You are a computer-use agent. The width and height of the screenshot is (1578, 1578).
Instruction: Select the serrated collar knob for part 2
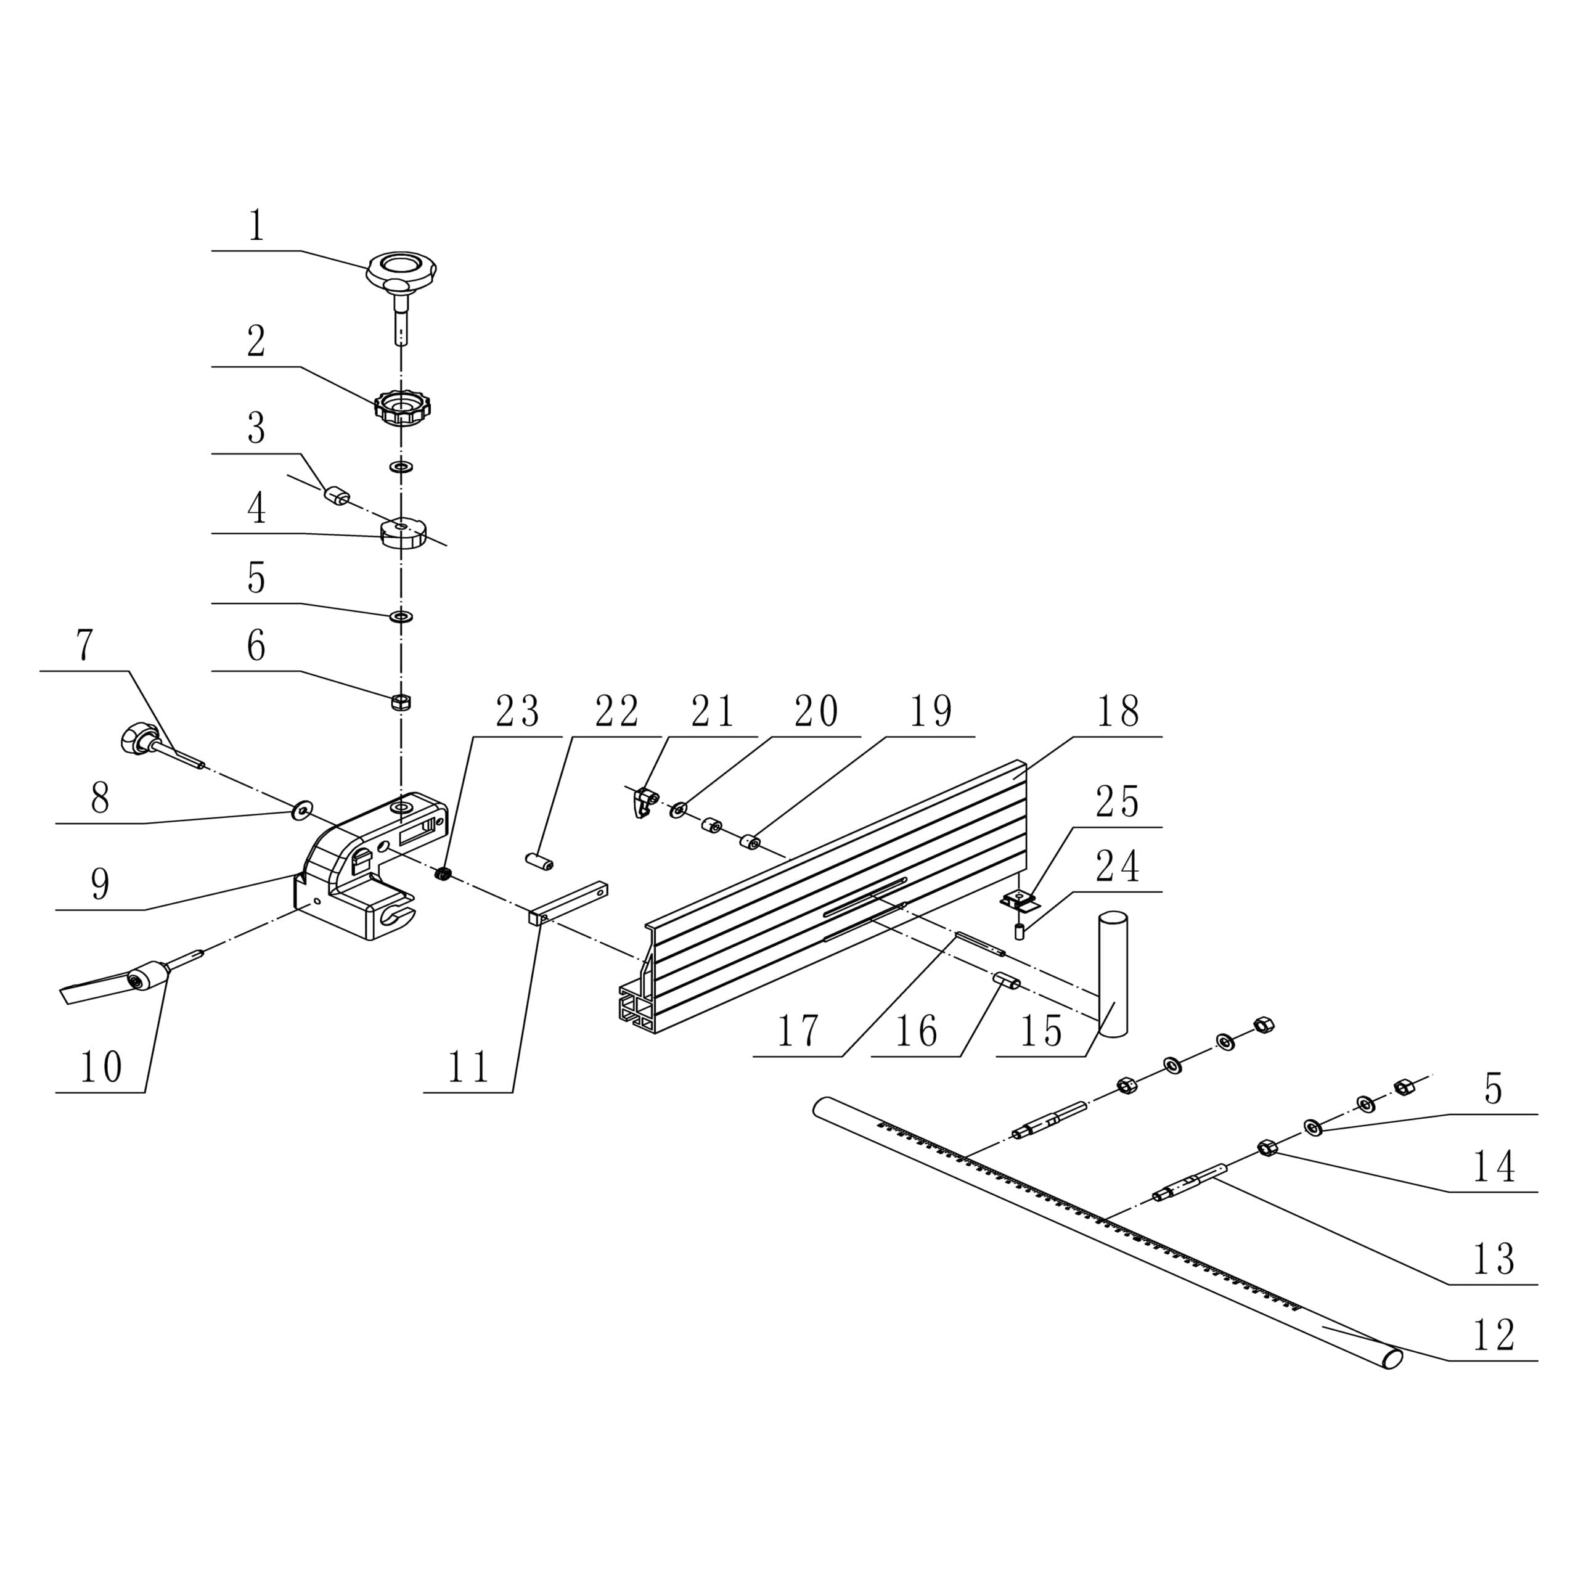tap(402, 406)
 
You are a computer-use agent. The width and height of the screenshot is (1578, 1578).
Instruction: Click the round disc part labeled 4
tap(403, 534)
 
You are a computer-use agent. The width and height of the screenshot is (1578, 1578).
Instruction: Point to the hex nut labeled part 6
tap(401, 701)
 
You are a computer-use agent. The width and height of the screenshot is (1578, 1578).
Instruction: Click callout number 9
tap(100, 884)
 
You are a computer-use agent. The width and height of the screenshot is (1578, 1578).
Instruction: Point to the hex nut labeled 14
tap(1267, 1148)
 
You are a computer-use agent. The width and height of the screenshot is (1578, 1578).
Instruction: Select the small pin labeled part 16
tap(1005, 980)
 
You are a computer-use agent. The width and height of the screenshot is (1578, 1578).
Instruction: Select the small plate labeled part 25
tap(1018, 901)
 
